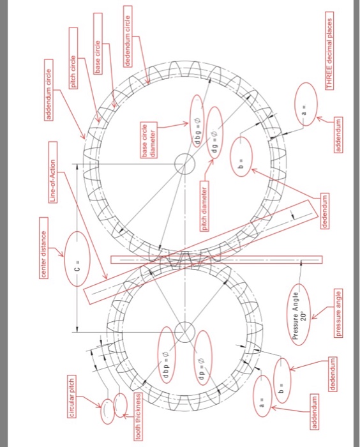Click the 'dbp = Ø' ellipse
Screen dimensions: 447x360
point(166,351)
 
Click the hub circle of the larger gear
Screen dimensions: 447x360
point(184,164)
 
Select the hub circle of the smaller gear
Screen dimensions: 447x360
point(184,331)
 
